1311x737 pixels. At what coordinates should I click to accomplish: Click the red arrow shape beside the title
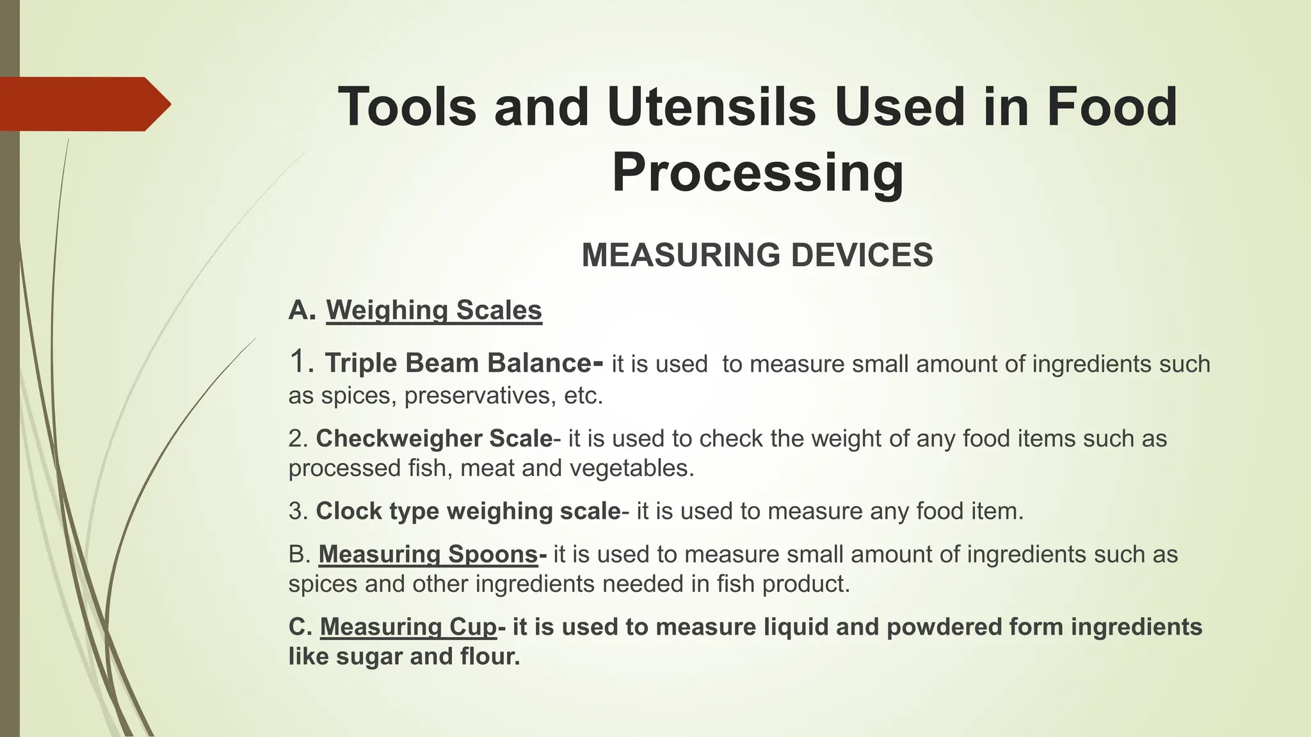(83, 104)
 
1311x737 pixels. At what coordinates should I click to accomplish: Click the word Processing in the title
(758, 173)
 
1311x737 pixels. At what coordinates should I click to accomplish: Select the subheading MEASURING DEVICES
(757, 255)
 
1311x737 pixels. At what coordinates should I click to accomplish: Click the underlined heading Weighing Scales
(434, 310)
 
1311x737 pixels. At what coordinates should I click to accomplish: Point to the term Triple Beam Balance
(458, 363)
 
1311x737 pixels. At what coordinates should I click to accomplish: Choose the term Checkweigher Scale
(434, 439)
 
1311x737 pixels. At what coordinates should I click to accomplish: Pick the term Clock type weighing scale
(468, 511)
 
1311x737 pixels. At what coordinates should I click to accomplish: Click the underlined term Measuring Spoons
(428, 554)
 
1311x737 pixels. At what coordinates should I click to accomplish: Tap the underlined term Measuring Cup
(408, 627)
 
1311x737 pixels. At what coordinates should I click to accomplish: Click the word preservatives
(478, 395)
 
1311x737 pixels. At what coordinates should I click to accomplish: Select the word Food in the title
(1112, 107)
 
